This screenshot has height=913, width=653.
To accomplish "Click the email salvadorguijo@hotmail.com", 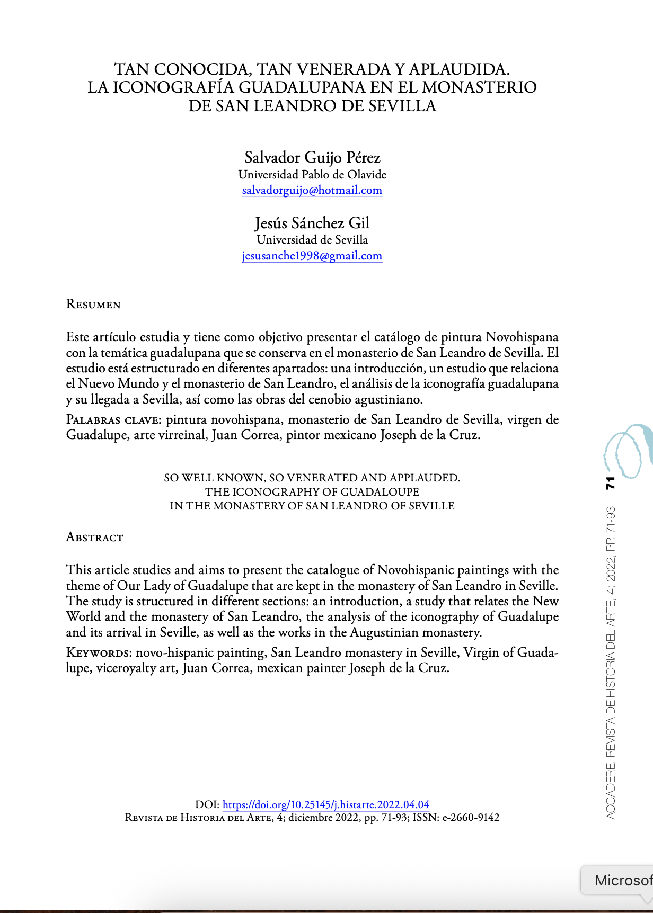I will (312, 190).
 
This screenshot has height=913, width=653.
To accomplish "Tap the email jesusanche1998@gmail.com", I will (312, 256).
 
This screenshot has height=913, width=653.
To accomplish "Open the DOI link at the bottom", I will (325, 804).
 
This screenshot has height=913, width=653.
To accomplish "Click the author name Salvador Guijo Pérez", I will (312, 157).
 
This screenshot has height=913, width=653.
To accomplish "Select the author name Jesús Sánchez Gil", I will (312, 223).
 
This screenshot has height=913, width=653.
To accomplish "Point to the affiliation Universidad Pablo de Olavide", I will (312, 174).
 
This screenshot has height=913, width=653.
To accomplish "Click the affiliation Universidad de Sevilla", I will (312, 240).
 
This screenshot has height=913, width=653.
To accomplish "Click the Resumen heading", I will (93, 305).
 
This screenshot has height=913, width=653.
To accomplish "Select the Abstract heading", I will (94, 538).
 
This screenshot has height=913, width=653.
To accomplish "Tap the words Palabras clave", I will (112, 420).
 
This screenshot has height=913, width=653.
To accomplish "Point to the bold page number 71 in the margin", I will (611, 483).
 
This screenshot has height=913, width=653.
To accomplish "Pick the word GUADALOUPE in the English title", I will (380, 492).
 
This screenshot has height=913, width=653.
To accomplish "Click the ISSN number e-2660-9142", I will (471, 818).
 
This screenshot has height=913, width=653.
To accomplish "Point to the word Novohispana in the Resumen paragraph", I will (522, 337).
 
